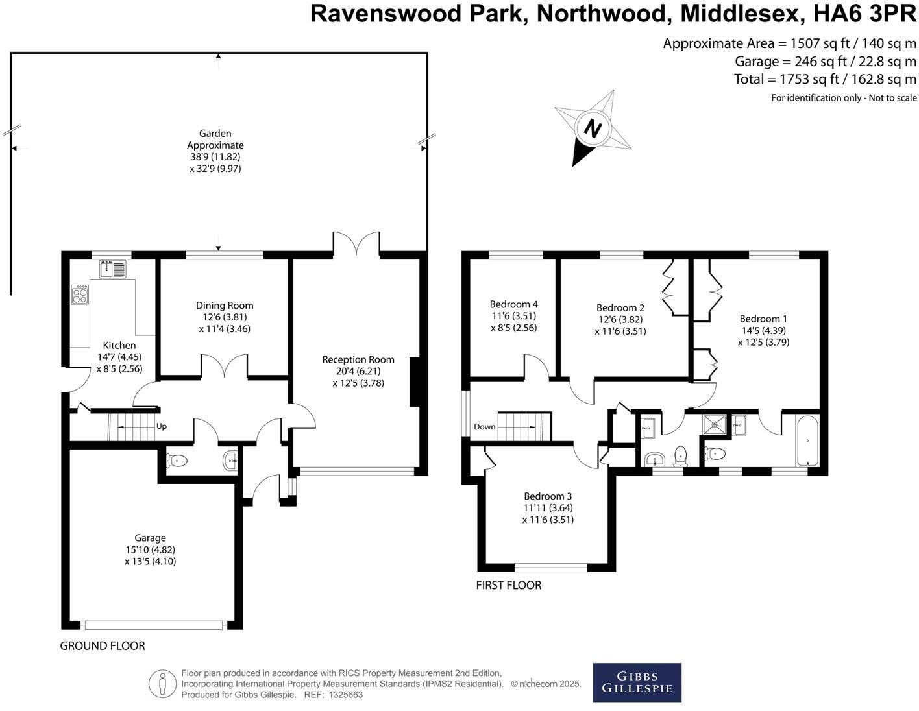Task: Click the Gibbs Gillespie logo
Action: (637, 682)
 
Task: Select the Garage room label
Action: (150, 538)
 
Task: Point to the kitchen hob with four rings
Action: (80, 295)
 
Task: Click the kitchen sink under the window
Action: (113, 269)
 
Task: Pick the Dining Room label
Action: (225, 305)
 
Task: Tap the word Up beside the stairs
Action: (161, 426)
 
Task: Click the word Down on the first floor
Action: (484, 426)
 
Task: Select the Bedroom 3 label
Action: (548, 496)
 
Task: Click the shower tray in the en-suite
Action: (715, 424)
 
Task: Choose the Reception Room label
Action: (358, 359)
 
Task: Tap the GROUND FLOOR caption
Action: (103, 646)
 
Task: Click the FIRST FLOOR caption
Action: (508, 585)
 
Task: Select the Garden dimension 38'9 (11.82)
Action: (215, 156)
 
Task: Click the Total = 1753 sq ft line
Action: (825, 79)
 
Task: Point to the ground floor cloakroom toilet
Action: (177, 460)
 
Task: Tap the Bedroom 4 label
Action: (513, 304)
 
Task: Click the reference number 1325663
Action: (346, 695)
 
